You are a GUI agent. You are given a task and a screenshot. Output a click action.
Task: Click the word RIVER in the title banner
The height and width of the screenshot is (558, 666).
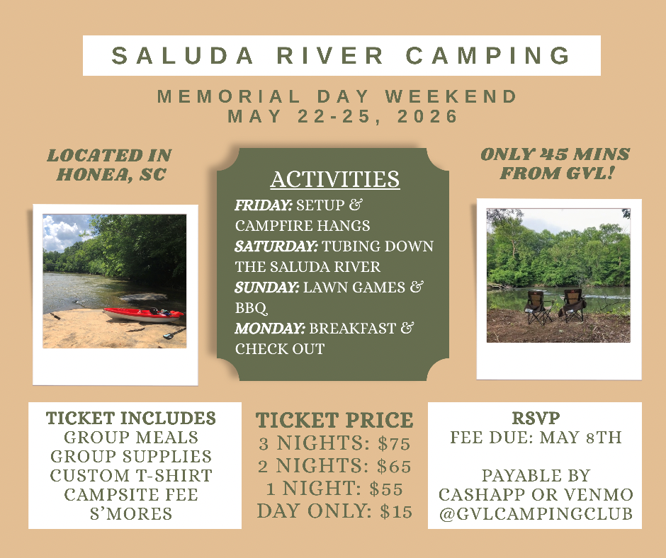click(x=330, y=56)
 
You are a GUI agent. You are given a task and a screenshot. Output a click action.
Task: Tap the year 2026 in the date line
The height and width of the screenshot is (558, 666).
click(x=427, y=116)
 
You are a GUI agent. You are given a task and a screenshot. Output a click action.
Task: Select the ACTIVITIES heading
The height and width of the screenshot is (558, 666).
click(x=335, y=179)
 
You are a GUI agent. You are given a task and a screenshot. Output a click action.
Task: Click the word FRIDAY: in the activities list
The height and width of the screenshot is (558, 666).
click(x=264, y=205)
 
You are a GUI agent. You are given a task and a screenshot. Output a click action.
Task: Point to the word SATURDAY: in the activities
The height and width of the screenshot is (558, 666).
click(x=276, y=246)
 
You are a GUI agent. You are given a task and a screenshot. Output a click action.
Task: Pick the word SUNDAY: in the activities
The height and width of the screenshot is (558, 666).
click(x=267, y=287)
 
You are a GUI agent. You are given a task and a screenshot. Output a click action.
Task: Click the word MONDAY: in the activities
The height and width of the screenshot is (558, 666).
click(x=270, y=329)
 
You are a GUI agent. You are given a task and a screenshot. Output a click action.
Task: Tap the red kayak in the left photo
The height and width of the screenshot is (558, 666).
click(x=144, y=314)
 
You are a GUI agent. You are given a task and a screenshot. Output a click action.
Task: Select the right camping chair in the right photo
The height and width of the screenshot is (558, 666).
click(x=572, y=305)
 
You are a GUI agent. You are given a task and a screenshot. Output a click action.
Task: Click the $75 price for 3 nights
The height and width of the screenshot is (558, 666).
click(x=394, y=444)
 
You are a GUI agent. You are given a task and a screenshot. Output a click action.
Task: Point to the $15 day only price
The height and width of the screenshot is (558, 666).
click(x=396, y=512)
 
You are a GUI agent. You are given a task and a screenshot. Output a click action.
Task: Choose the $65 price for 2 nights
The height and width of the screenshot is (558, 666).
click(x=394, y=466)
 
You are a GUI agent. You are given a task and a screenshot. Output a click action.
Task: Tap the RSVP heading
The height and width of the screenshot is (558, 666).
click(x=536, y=418)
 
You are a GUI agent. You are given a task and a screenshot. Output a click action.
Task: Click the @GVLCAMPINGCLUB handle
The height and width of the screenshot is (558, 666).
click(x=536, y=514)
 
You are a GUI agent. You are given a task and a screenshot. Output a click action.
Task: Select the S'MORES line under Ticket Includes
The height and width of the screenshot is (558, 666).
click(x=131, y=514)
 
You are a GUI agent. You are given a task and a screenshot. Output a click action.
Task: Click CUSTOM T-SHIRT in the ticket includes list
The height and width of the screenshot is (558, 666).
click(x=131, y=476)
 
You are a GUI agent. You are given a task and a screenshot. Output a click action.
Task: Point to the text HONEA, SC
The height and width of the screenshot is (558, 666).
click(x=111, y=174)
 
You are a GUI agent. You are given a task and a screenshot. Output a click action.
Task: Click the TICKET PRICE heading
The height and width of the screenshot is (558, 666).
click(x=334, y=421)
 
